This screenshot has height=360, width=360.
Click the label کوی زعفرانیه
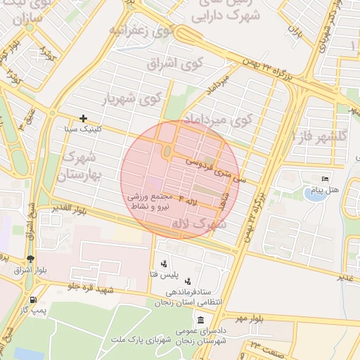pyautogui.click(x=141, y=31)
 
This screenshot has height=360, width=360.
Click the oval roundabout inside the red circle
pyautogui.click(x=166, y=152)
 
